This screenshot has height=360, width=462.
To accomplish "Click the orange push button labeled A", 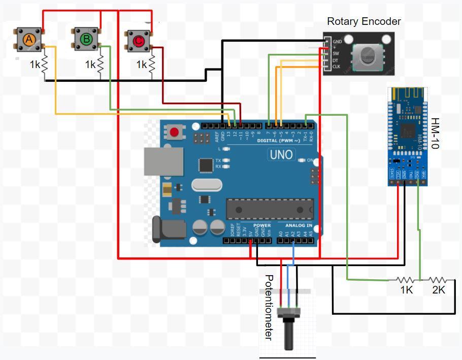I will pyautogui.click(x=29, y=39).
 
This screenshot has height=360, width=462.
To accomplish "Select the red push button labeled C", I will pyautogui.click(x=138, y=40).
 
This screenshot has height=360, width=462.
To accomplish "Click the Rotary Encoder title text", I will pyautogui.click(x=364, y=21).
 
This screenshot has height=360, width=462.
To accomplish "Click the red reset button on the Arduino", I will pyautogui.click(x=175, y=133).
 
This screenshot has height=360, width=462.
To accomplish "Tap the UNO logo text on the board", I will pyautogui.click(x=281, y=154).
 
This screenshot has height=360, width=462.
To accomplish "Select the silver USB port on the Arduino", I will pyautogui.click(x=163, y=162).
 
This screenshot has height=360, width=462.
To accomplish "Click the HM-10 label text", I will pyautogui.click(x=435, y=133).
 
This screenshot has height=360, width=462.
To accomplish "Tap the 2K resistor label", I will pyautogui.click(x=439, y=290).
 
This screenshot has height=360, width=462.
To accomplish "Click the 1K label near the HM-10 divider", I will pyautogui.click(x=406, y=290).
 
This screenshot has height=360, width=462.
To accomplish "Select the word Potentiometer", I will pyautogui.click(x=270, y=307).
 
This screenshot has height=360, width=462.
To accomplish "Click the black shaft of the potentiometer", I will pyautogui.click(x=289, y=336).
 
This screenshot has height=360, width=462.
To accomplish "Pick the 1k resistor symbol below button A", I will pyautogui.click(x=44, y=64).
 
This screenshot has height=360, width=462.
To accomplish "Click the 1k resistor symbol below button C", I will pyautogui.click(x=151, y=64).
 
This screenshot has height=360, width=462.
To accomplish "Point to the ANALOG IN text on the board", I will pyautogui.click(x=299, y=225).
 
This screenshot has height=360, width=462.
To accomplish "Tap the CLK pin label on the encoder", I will pyautogui.click(x=336, y=67).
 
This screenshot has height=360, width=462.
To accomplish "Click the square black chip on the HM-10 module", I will pyautogui.click(x=407, y=129).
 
